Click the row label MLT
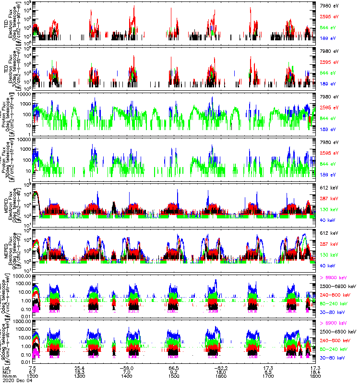coord(6,371)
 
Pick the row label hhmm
coord(8,375)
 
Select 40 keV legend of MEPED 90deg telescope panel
coord(327,265)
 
